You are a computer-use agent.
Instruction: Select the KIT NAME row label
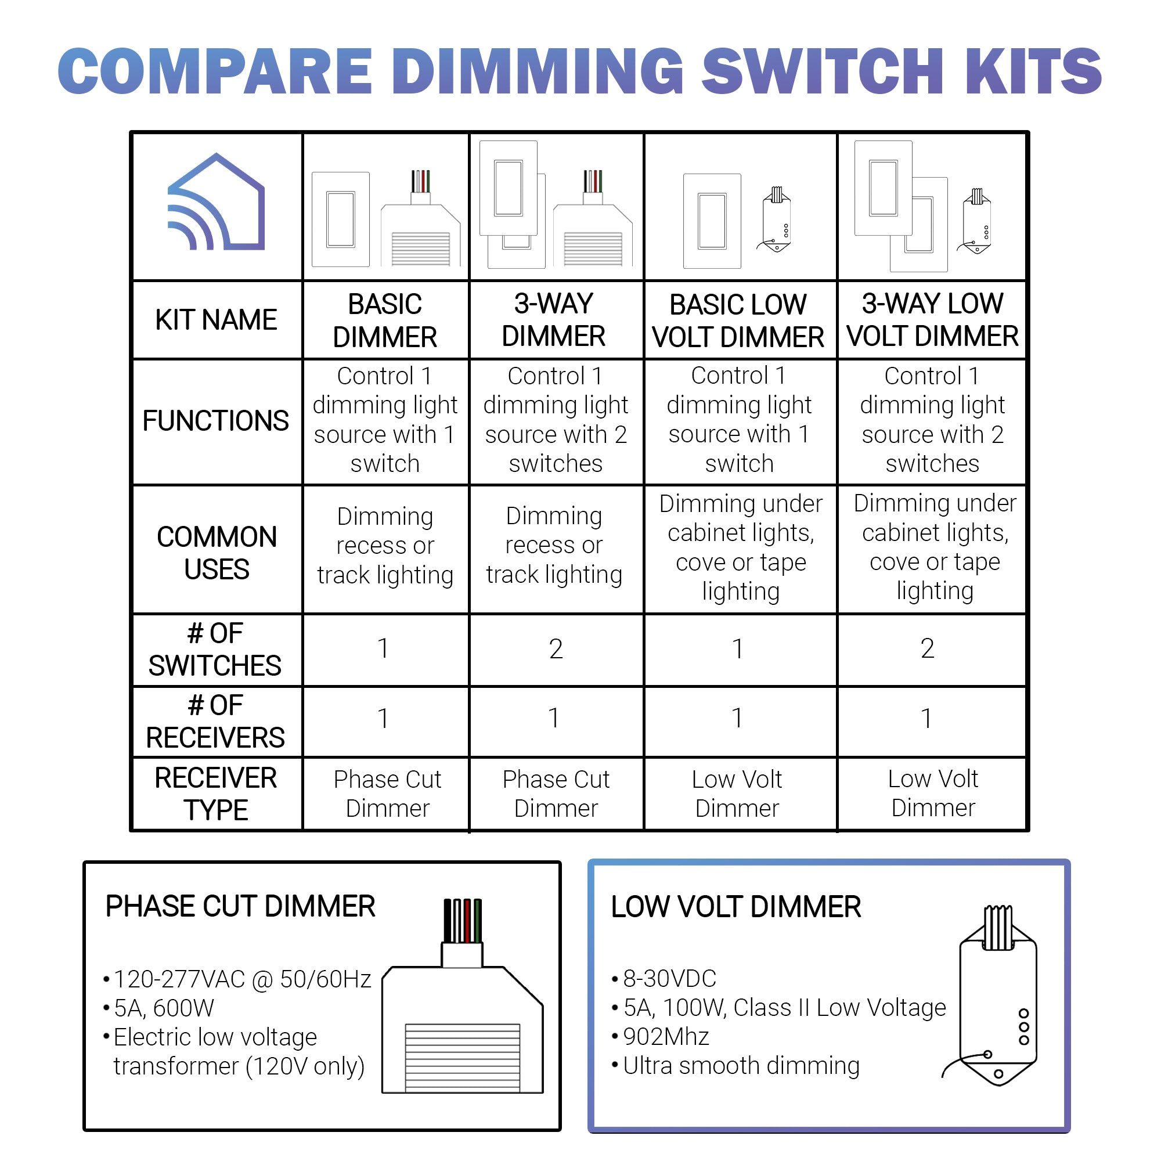click(x=216, y=320)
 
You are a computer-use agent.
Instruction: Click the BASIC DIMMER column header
click(x=385, y=320)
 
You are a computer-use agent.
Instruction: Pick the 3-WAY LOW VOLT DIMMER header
click(x=932, y=320)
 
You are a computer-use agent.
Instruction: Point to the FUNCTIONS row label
click(x=216, y=421)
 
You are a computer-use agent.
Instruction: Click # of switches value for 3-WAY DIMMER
click(x=556, y=649)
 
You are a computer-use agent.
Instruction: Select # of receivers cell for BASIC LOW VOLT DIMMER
click(x=737, y=718)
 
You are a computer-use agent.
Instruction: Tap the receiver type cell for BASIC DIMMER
click(x=387, y=793)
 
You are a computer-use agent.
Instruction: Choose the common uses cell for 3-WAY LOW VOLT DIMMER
click(x=935, y=547)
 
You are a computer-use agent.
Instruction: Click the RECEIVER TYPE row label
click(x=216, y=793)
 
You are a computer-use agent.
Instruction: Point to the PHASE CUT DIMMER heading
click(x=240, y=906)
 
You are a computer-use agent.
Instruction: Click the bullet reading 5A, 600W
click(x=164, y=1008)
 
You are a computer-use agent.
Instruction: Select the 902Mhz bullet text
click(x=666, y=1037)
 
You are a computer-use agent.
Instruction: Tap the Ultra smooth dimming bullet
click(x=741, y=1065)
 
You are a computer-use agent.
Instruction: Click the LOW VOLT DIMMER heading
click(x=735, y=907)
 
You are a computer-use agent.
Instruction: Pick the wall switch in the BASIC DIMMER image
click(x=341, y=219)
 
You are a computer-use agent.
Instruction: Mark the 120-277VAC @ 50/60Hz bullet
click(x=242, y=979)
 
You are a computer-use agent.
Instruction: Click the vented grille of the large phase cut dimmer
click(x=462, y=1058)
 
